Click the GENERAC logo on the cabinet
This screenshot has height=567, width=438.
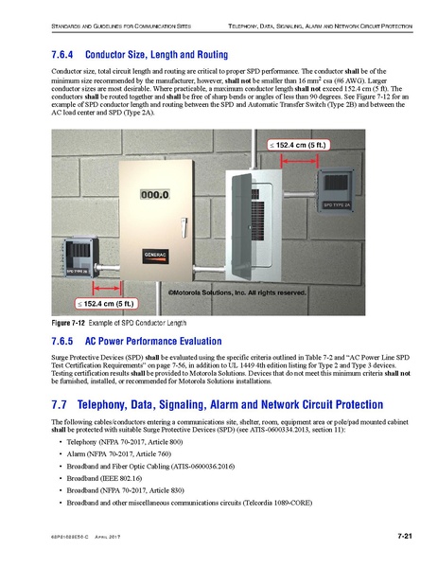157,256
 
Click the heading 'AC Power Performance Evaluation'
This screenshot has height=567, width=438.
157,340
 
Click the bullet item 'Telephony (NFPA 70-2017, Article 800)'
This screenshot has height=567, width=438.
126,442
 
